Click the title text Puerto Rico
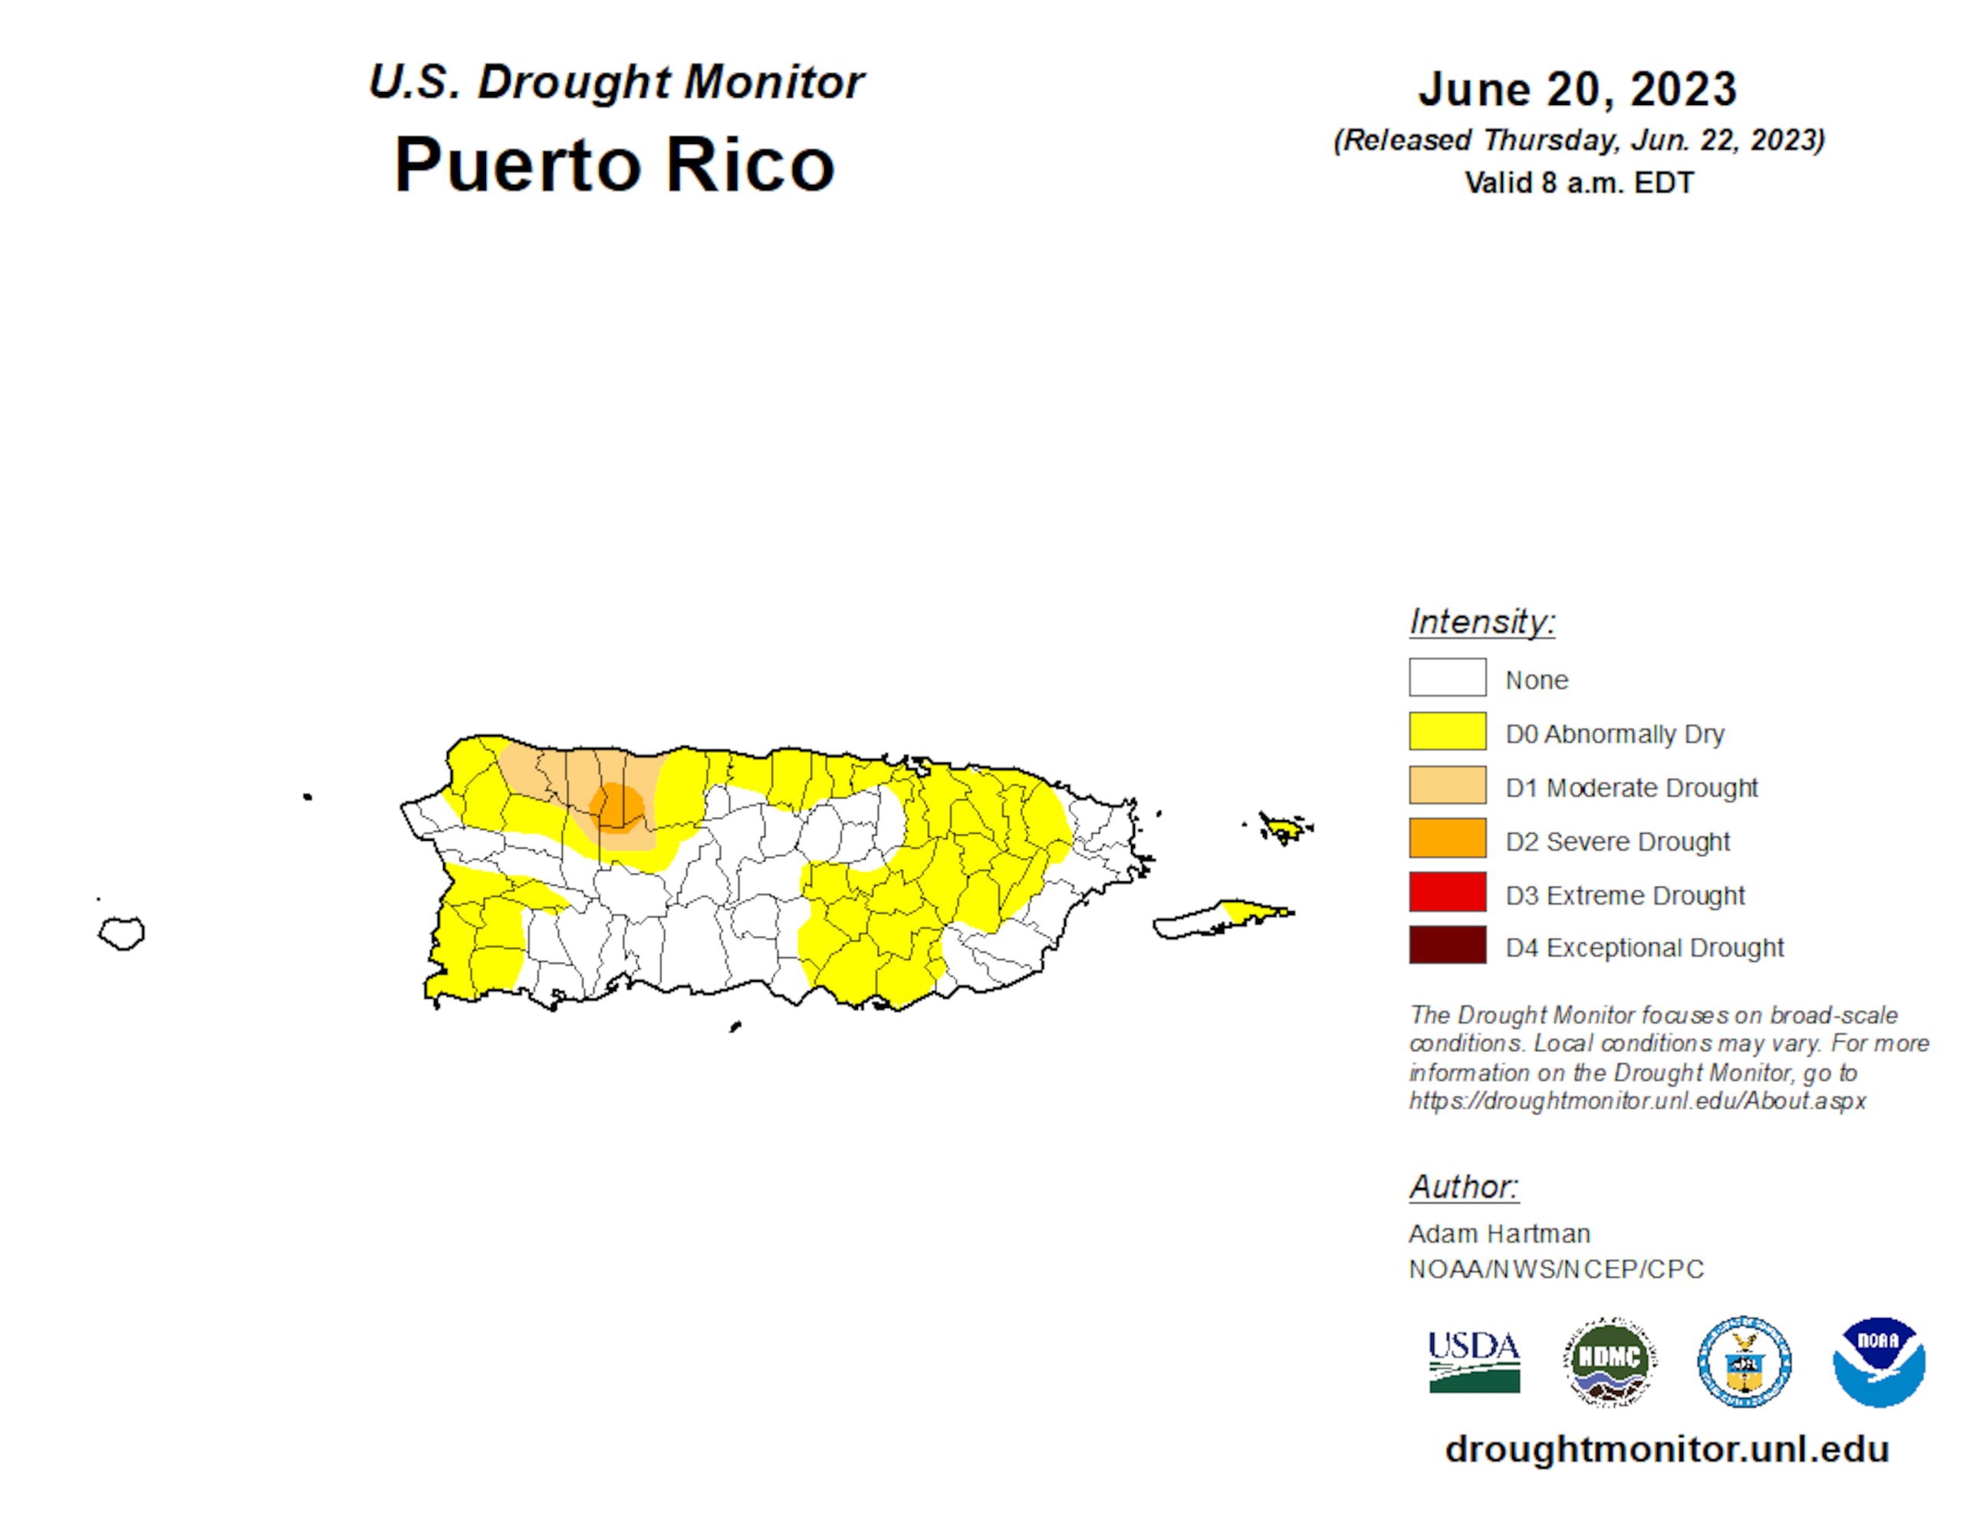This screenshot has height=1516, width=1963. [x=615, y=166]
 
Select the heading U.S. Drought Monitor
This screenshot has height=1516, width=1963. [x=617, y=82]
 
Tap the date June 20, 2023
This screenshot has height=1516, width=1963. [x=1577, y=90]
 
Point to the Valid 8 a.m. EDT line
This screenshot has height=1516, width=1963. [x=1578, y=182]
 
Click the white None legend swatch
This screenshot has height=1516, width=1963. [x=1446, y=677]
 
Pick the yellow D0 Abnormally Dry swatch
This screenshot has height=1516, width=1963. [x=1446, y=730]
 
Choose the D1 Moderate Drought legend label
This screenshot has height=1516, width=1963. [x=1630, y=788]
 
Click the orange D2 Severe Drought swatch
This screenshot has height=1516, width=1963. [x=1446, y=838]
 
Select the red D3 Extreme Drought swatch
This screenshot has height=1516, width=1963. [x=1446, y=891]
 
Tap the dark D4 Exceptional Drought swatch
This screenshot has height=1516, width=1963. [x=1446, y=944]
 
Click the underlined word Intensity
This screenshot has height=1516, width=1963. [x=1481, y=622]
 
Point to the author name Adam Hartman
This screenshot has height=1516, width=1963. [x=1498, y=1234]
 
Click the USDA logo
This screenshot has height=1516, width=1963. [x=1474, y=1361]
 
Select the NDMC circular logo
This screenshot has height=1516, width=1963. [x=1610, y=1361]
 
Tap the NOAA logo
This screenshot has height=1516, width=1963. [x=1879, y=1361]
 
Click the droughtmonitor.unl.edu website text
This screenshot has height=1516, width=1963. [x=1666, y=1449]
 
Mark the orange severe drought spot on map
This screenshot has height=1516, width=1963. [x=617, y=808]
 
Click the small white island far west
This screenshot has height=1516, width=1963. [x=121, y=933]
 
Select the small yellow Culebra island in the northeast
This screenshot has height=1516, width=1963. [x=1284, y=827]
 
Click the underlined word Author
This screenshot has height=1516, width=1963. [x=1462, y=1187]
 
